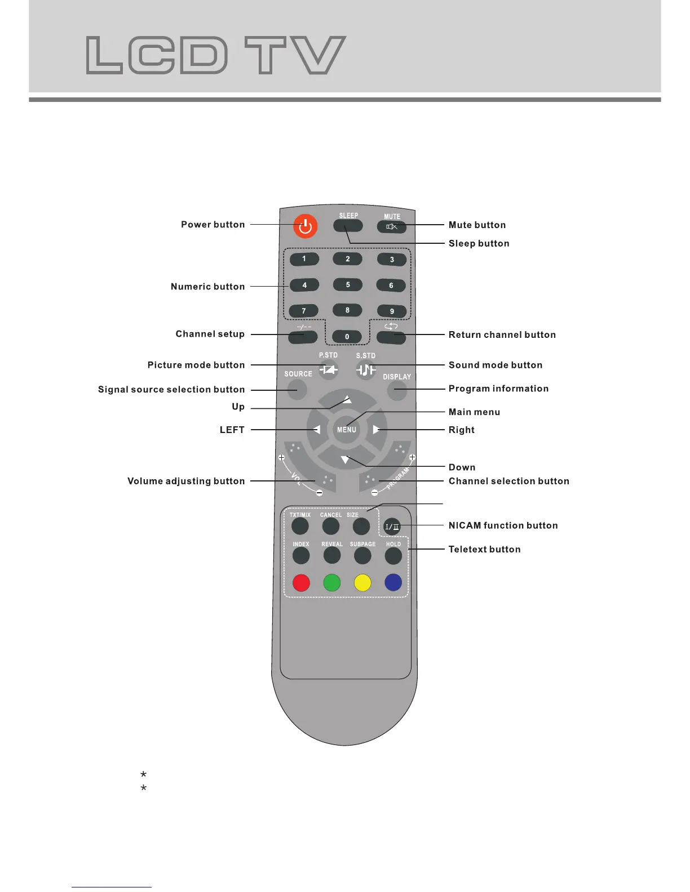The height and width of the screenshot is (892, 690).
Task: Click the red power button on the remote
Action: coord(306,226)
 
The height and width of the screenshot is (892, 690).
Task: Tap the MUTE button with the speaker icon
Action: coord(392,227)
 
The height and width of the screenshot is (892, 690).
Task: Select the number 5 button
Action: coord(348,285)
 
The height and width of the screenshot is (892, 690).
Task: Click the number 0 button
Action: coord(347,337)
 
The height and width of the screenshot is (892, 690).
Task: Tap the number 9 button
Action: coord(392,311)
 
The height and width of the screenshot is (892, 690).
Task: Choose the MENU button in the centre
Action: coord(347,430)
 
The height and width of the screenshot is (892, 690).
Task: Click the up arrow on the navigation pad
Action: coord(347,400)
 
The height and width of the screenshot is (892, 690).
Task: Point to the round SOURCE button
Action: coord(297,389)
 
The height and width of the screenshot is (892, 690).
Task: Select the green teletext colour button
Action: coord(332,583)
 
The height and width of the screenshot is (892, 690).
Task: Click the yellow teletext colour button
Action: coord(362,583)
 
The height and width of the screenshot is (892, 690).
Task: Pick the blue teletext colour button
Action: coord(393,583)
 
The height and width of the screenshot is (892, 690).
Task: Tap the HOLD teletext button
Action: coord(393,556)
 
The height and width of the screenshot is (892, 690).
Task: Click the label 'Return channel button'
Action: coord(502,334)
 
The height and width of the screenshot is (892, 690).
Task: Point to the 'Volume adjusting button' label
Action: coord(186,481)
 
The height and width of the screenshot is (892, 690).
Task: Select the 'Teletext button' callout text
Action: coord(484,549)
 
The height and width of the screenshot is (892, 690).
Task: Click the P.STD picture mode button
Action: coord(329,370)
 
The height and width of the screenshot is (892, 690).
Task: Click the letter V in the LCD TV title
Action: coord(319,55)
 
